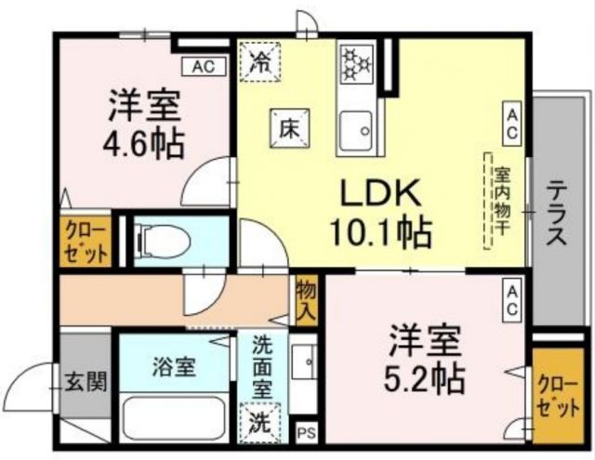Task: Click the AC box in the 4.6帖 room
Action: coord(205,66)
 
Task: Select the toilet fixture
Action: coord(164,243)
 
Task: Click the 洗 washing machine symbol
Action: coord(260,420)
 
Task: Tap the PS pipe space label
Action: coord(307,433)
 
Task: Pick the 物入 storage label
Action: coord(306,299)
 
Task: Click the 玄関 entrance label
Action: coord(85,381)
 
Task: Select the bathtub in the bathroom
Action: coord(174,420)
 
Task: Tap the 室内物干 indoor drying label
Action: coord(500,199)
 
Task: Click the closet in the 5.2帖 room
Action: coord(556,394)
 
